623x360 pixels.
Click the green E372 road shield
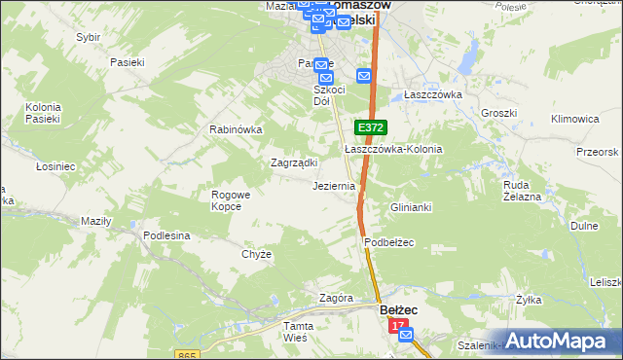[370, 127]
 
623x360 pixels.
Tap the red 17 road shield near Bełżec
[397, 329]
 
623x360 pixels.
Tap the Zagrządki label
[291, 163]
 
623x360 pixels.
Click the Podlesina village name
[166, 235]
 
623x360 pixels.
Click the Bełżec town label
[397, 309]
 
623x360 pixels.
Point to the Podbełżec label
[390, 242]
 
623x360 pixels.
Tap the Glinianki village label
[411, 208]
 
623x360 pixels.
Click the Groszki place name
[498, 113]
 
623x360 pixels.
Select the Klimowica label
[574, 119]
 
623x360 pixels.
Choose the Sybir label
[89, 37]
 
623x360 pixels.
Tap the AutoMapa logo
[558, 341]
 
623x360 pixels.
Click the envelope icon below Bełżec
[406, 335]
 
